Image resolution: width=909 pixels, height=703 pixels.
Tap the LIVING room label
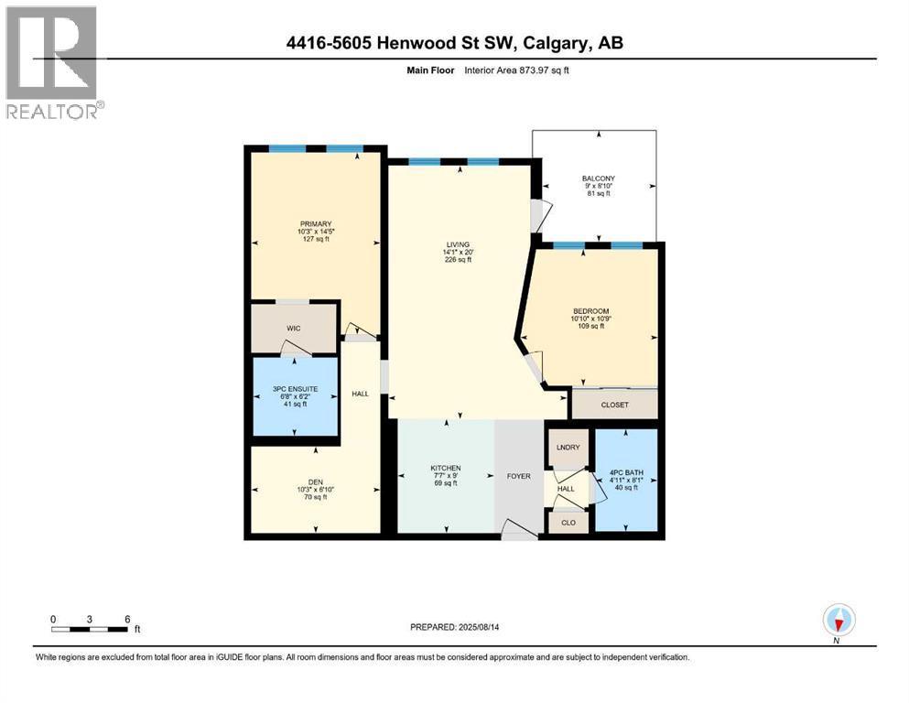click(x=458, y=244)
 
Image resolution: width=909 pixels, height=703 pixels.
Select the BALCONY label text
click(x=598, y=178)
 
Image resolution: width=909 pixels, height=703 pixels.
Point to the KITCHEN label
click(x=445, y=468)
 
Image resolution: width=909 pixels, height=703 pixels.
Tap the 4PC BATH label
click(x=625, y=471)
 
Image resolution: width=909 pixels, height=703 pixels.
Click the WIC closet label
click(x=293, y=329)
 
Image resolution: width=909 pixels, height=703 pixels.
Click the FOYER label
click(x=519, y=477)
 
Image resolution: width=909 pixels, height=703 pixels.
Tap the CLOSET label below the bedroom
click(x=614, y=405)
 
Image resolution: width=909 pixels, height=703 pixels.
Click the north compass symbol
click(x=838, y=621)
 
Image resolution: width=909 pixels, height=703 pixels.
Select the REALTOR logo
click(x=53, y=63)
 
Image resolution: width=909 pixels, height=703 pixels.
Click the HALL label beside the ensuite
click(x=360, y=394)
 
